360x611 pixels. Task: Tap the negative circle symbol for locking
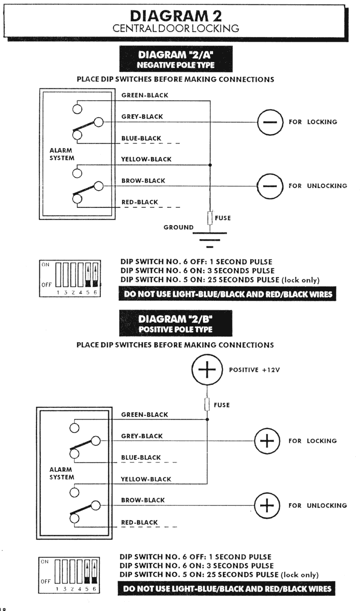pyautogui.click(x=270, y=122)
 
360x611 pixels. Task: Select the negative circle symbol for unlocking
pyautogui.click(x=270, y=186)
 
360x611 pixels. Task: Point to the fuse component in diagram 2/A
pyautogui.click(x=210, y=218)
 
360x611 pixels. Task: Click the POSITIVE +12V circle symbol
pyautogui.click(x=207, y=370)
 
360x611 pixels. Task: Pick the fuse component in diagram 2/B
pyautogui.click(x=207, y=405)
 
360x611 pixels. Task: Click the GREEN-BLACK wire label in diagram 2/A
pyautogui.click(x=144, y=95)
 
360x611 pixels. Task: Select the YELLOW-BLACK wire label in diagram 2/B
pyautogui.click(x=146, y=479)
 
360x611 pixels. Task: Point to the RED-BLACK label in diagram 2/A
pyautogui.click(x=140, y=202)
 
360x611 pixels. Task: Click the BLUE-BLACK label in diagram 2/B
pyautogui.click(x=141, y=457)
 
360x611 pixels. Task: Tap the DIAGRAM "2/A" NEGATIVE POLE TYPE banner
pyautogui.click(x=176, y=59)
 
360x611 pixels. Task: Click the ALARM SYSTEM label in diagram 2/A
pyautogui.click(x=62, y=154)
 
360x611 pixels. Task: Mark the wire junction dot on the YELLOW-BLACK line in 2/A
pyautogui.click(x=210, y=165)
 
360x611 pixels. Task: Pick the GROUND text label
pyautogui.click(x=179, y=228)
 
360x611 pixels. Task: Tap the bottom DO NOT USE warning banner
pyautogui.click(x=227, y=588)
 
